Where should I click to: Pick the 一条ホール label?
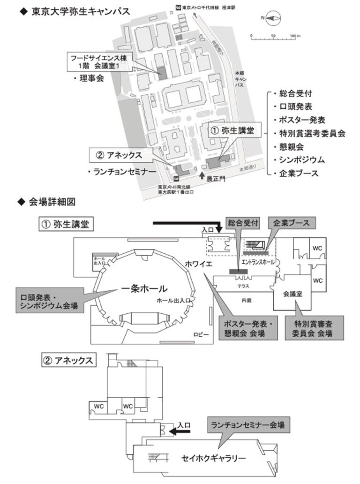point(144,288)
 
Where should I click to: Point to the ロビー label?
point(200,334)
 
